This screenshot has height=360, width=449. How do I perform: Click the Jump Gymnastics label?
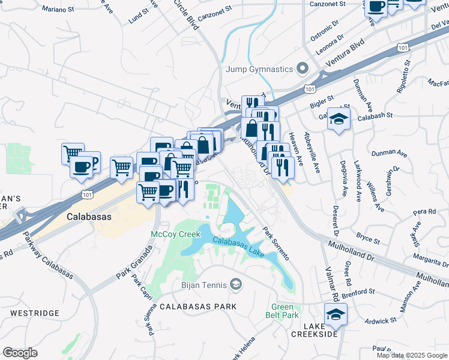[x=259, y=68]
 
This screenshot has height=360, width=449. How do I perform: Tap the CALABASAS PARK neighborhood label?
[x=198, y=306]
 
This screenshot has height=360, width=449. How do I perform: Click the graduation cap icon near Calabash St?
[x=339, y=119]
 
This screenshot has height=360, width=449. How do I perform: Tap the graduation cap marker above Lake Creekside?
[x=335, y=313]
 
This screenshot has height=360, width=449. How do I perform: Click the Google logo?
[x=20, y=353]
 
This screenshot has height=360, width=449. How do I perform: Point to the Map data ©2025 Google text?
[x=412, y=355]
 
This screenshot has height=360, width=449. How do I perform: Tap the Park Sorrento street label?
[x=276, y=243]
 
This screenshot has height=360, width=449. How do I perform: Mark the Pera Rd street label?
[x=424, y=212]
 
